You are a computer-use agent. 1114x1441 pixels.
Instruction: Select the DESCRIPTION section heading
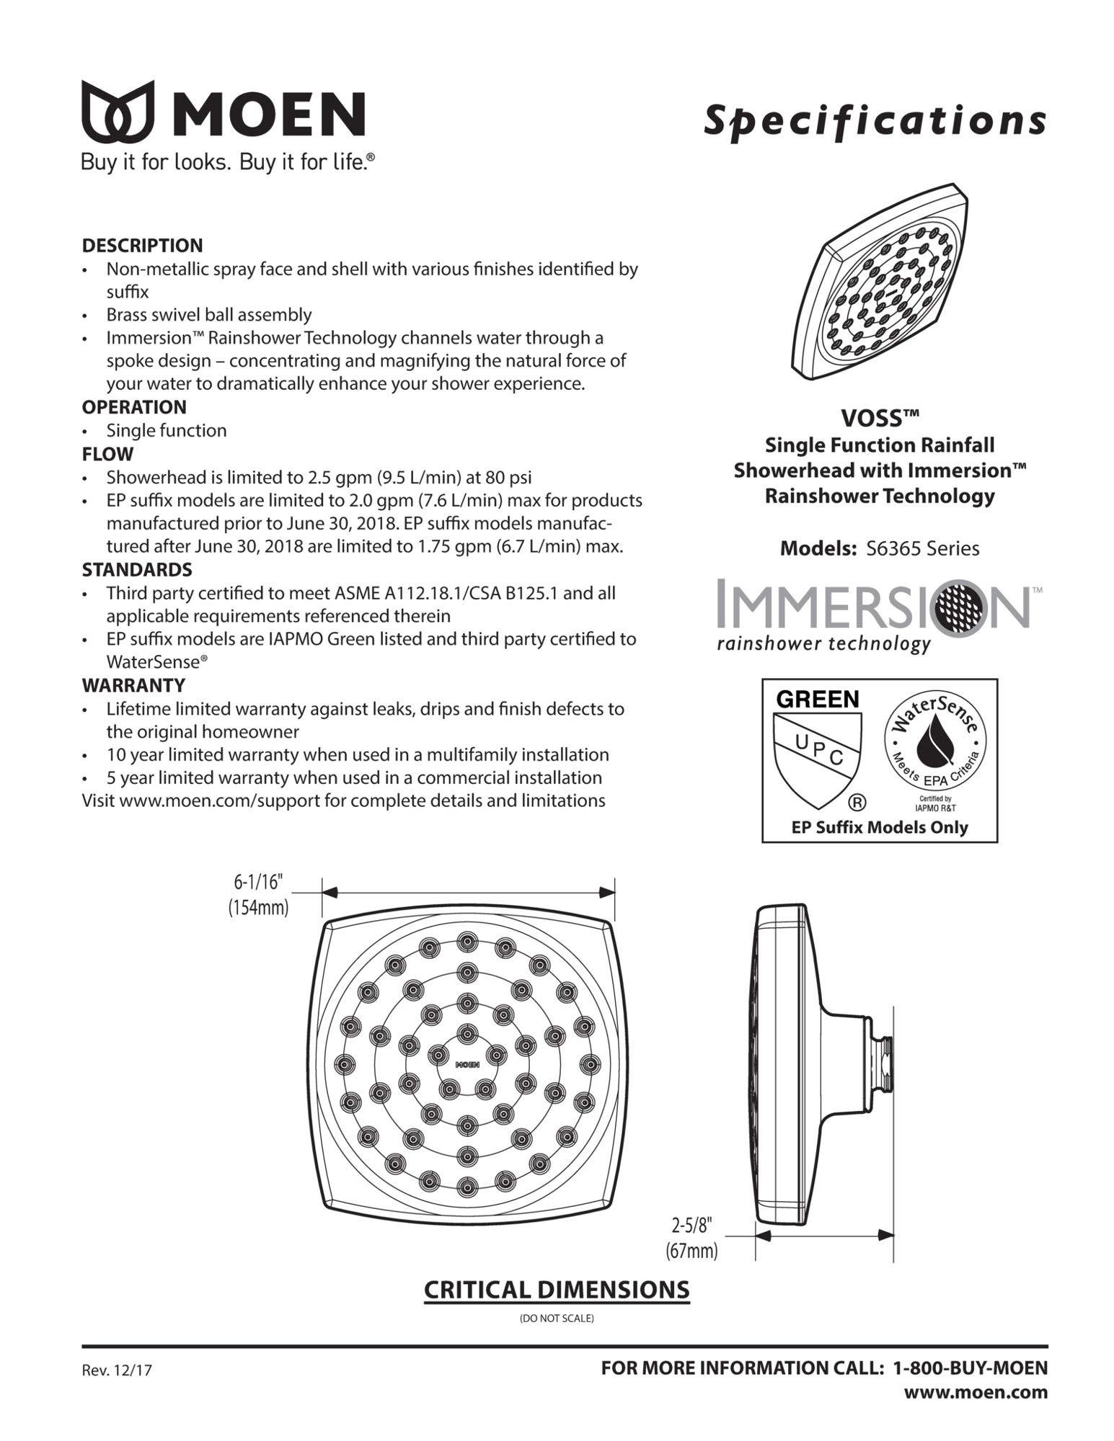(142, 246)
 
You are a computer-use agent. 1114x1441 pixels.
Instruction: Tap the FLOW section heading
(107, 454)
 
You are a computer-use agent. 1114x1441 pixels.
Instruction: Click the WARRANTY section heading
(133, 685)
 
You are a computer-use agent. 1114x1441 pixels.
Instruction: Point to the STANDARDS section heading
(137, 570)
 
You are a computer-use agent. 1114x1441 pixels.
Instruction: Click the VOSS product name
(880, 418)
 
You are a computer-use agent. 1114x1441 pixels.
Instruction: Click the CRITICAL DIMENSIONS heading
(556, 1290)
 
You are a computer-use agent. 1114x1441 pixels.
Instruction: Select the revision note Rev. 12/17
(117, 1370)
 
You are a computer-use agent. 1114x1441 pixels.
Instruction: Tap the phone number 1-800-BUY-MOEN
(970, 1367)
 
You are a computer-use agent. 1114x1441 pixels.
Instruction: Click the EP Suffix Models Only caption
(879, 827)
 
